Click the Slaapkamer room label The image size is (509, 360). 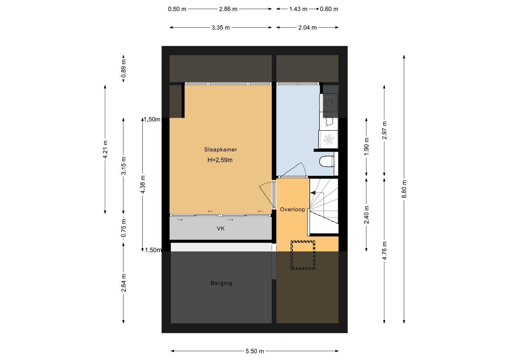[221, 150]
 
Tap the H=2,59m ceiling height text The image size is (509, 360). [220, 160]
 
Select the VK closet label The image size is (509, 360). [221, 229]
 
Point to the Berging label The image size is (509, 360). [221, 283]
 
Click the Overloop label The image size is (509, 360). [292, 209]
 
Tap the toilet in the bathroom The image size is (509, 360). [327, 161]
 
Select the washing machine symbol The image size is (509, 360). [329, 103]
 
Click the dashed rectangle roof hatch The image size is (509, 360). [303, 255]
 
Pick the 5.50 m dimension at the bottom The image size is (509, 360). [255, 351]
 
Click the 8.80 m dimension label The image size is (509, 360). [404, 189]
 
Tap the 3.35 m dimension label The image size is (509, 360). [221, 28]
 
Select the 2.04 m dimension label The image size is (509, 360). [308, 28]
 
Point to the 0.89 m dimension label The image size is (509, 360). [124, 68]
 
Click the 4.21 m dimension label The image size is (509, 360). [105, 150]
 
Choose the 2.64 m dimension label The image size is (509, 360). [124, 283]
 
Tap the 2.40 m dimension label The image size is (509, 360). [367, 215]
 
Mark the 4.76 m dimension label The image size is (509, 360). [384, 250]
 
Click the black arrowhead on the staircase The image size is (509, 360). [313, 193]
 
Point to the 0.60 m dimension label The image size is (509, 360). [329, 9]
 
